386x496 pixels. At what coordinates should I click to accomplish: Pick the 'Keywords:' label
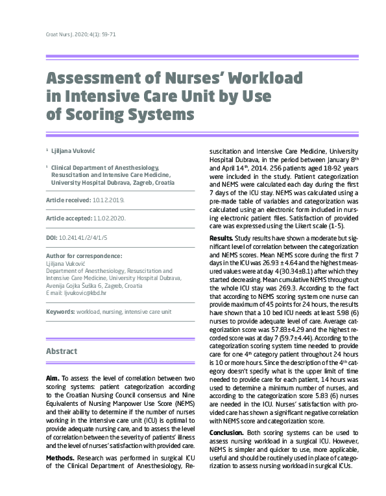(x=60, y=312)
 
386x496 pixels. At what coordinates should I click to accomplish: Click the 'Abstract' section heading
(x=62, y=351)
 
